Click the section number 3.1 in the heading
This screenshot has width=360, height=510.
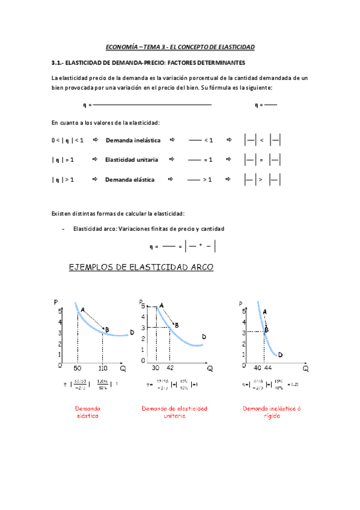click(x=57, y=63)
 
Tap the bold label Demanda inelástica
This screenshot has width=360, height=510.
click(x=133, y=140)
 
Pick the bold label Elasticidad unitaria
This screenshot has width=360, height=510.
click(x=132, y=160)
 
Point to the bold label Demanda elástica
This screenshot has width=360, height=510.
click(x=129, y=180)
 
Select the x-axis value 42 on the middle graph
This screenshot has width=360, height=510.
click(x=170, y=367)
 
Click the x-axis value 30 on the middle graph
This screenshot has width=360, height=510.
click(x=156, y=367)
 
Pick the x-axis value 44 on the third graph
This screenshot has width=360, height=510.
click(x=267, y=367)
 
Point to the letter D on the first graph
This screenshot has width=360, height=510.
click(x=131, y=333)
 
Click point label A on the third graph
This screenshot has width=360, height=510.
click(x=265, y=312)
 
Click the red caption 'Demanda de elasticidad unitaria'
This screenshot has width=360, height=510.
click(x=174, y=413)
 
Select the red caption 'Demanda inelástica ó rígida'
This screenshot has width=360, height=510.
click(x=272, y=413)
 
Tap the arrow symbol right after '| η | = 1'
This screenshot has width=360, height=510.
click(x=95, y=160)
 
